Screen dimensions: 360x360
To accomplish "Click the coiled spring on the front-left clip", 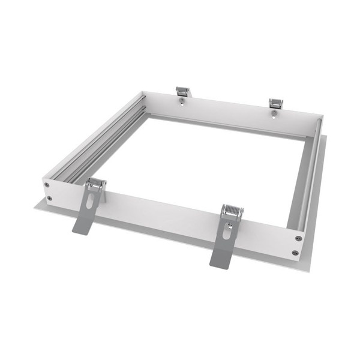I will (96, 182).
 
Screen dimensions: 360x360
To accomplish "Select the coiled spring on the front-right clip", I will (232, 211).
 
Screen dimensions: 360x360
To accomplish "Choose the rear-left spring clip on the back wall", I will (182, 92).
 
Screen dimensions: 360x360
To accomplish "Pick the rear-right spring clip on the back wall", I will (275, 103).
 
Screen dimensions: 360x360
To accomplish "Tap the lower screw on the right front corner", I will (295, 253).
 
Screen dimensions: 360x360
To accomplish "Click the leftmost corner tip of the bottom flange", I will (35, 207).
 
